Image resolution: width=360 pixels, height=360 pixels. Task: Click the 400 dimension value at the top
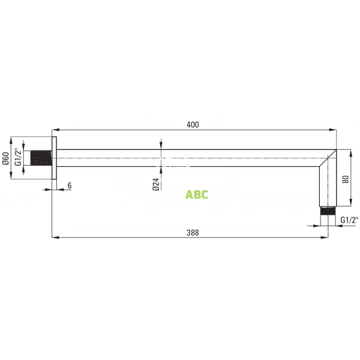click(192, 124)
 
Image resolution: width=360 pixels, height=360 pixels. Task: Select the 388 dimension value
click(192, 232)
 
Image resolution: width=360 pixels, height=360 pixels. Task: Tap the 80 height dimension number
click(345, 179)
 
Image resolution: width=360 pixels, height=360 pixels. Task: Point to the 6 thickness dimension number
click(70, 185)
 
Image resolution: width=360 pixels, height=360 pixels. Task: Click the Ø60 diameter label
click(5, 158)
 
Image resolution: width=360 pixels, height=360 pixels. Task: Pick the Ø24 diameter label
click(155, 184)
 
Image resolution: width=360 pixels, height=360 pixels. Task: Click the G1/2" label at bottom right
click(349, 220)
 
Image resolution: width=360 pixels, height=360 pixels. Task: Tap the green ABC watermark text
click(197, 194)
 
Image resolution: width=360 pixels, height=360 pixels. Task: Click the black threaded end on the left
click(41, 158)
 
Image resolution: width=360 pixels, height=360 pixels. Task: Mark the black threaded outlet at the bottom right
click(327, 211)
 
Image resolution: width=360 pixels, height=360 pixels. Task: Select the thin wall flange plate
click(54, 158)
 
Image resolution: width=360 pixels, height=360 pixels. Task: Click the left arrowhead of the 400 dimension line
click(56, 130)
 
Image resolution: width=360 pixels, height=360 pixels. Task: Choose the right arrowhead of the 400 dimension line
click(333, 130)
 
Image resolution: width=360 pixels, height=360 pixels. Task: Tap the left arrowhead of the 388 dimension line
click(56, 238)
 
